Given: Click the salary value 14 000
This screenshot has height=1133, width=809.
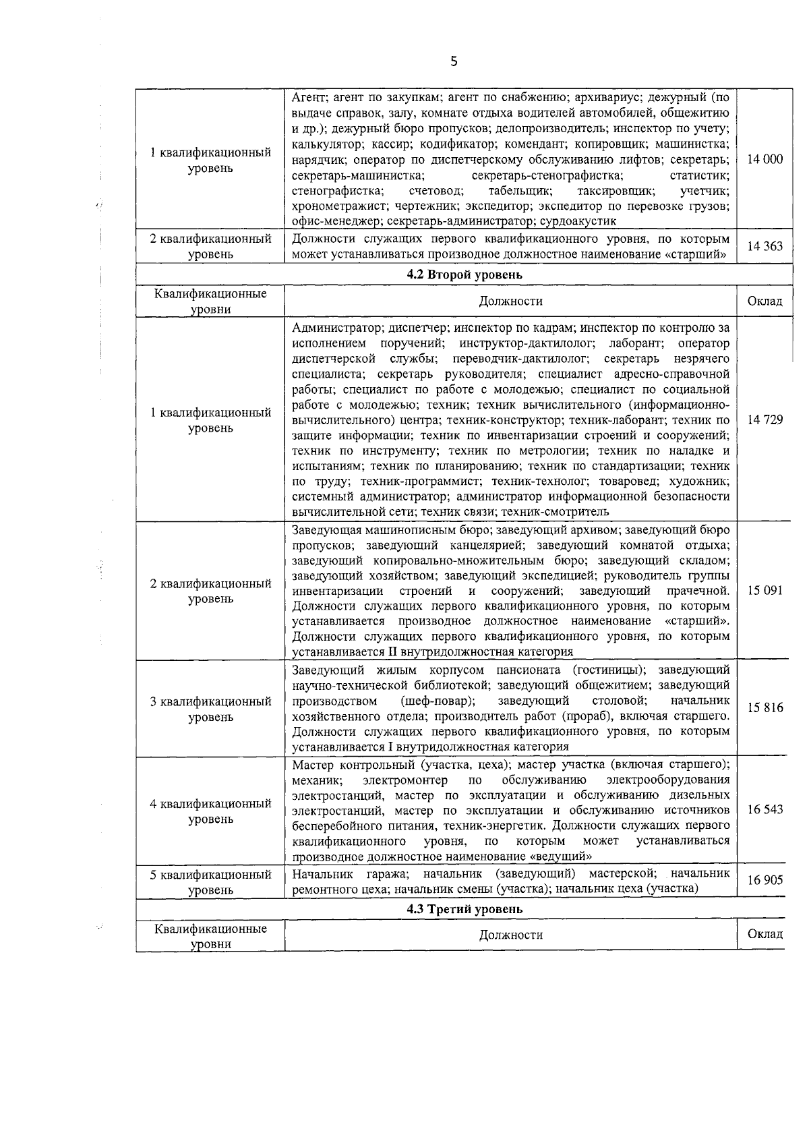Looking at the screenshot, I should (765, 160).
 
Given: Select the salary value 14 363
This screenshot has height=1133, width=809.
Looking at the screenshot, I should (765, 246).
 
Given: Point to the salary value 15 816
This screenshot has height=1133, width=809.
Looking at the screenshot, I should (765, 708).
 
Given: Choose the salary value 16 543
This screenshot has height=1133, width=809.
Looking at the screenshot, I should (765, 809).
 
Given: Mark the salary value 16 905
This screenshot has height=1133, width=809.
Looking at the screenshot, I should (765, 881).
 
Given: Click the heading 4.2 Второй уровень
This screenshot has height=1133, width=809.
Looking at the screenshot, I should (465, 275).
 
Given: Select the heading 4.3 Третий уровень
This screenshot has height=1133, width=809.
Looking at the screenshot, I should (465, 908).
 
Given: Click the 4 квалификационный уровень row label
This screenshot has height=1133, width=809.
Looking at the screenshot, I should (210, 811).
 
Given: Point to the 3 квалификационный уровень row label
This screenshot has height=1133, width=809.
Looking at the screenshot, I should (210, 709).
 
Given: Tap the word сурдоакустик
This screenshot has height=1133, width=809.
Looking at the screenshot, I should (578, 221).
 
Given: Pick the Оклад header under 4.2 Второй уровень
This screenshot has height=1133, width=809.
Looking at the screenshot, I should (765, 301).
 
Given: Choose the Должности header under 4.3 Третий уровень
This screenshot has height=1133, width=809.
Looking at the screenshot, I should (510, 935).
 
